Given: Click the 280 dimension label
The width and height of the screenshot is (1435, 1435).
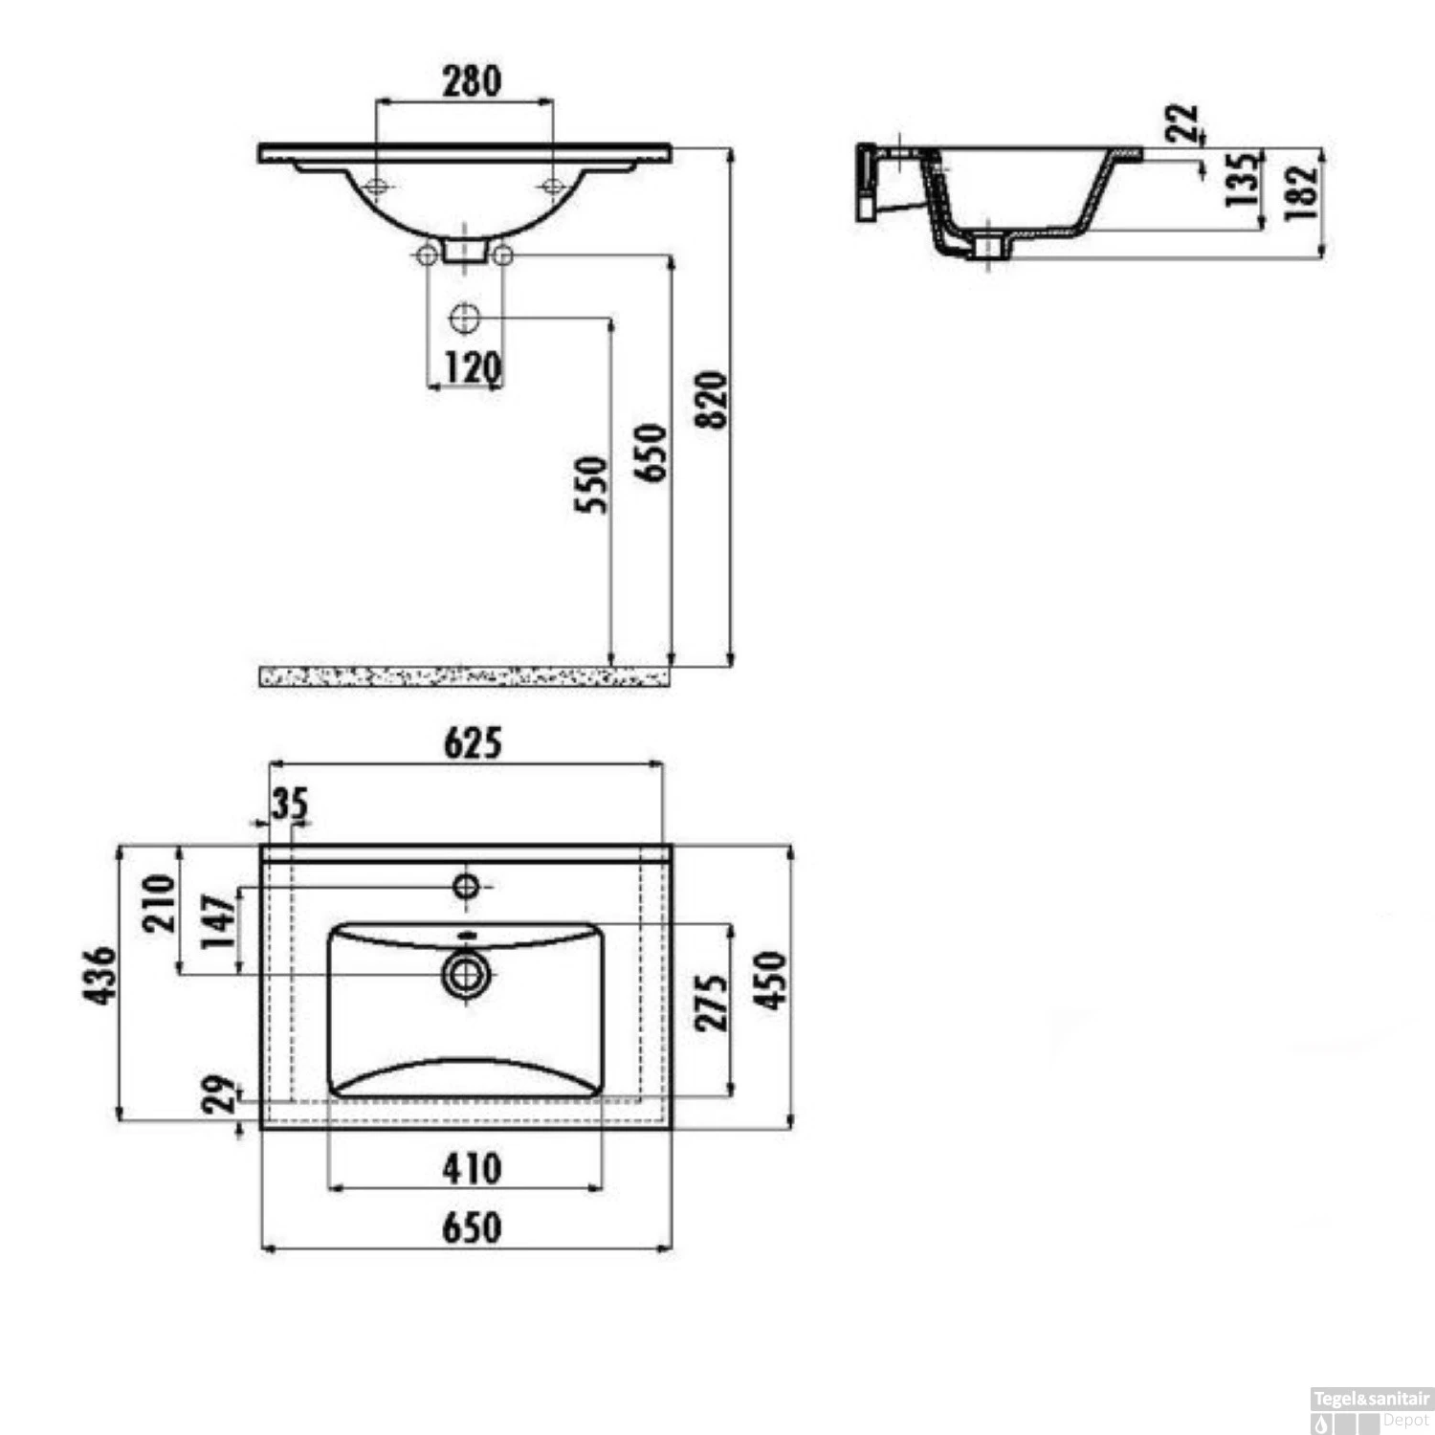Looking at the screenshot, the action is [x=472, y=80].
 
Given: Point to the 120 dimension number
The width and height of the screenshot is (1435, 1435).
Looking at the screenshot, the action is [x=473, y=366].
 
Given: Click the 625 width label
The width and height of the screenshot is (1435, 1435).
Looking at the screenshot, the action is [x=473, y=742].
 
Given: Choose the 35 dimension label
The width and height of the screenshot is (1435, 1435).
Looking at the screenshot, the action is [x=289, y=805].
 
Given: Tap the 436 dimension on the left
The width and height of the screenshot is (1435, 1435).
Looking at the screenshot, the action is [x=99, y=975].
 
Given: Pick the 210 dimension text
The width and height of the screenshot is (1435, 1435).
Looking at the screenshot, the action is [x=159, y=903].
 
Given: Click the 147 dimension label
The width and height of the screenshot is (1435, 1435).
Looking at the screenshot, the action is [x=218, y=920].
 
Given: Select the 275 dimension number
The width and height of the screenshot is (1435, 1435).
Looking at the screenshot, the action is [x=711, y=1002].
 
